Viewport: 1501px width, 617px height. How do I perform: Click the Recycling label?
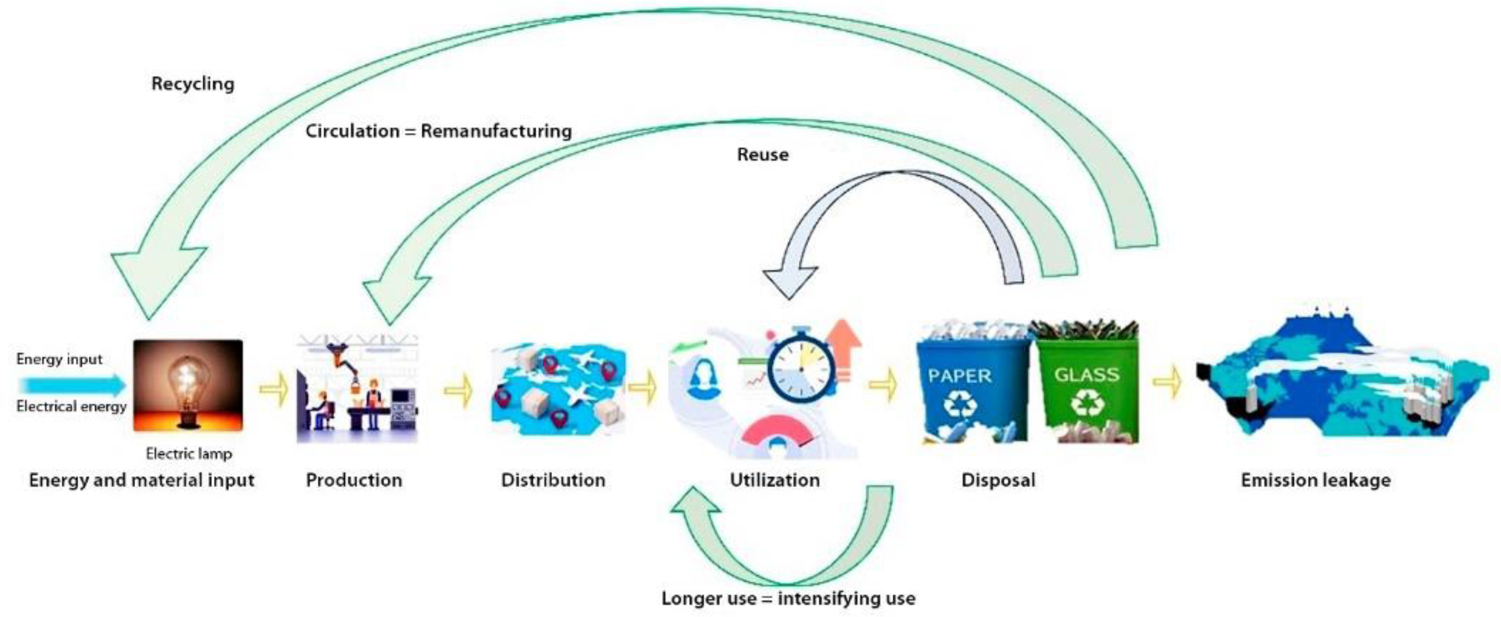pos(193,84)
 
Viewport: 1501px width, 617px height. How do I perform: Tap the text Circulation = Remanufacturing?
pos(438,131)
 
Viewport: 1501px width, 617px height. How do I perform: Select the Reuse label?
pos(763,155)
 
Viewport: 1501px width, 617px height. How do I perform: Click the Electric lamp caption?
pos(189,453)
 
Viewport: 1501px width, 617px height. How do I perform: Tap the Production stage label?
pos(354,480)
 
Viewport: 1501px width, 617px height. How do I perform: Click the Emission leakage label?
pos(1316,480)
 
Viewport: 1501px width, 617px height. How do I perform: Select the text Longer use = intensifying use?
pos(788,598)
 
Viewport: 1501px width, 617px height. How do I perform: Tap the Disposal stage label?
pos(998,480)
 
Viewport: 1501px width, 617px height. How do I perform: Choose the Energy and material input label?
pos(141,480)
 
